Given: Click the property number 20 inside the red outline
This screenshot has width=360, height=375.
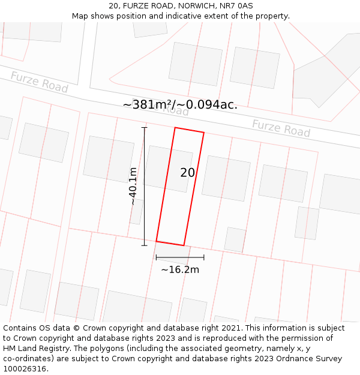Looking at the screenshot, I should (187, 173).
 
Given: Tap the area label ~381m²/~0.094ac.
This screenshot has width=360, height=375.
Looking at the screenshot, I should (180, 105).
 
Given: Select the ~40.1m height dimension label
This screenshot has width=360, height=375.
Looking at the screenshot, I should (133, 186).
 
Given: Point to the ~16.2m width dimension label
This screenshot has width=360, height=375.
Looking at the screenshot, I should (180, 270).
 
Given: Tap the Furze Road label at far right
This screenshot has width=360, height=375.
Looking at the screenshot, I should (281, 128).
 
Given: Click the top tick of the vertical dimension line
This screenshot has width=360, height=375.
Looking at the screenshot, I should (144, 128).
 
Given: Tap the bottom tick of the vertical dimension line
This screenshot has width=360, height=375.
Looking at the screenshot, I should (144, 245).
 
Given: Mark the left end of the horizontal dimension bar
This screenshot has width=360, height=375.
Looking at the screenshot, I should (156, 257).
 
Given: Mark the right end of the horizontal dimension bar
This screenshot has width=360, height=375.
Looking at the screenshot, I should (204, 257).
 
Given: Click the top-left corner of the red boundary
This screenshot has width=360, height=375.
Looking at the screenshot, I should (175, 128).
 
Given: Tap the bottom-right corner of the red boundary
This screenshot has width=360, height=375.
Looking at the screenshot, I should (184, 245).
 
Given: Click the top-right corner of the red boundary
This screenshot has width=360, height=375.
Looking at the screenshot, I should (204, 133).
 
